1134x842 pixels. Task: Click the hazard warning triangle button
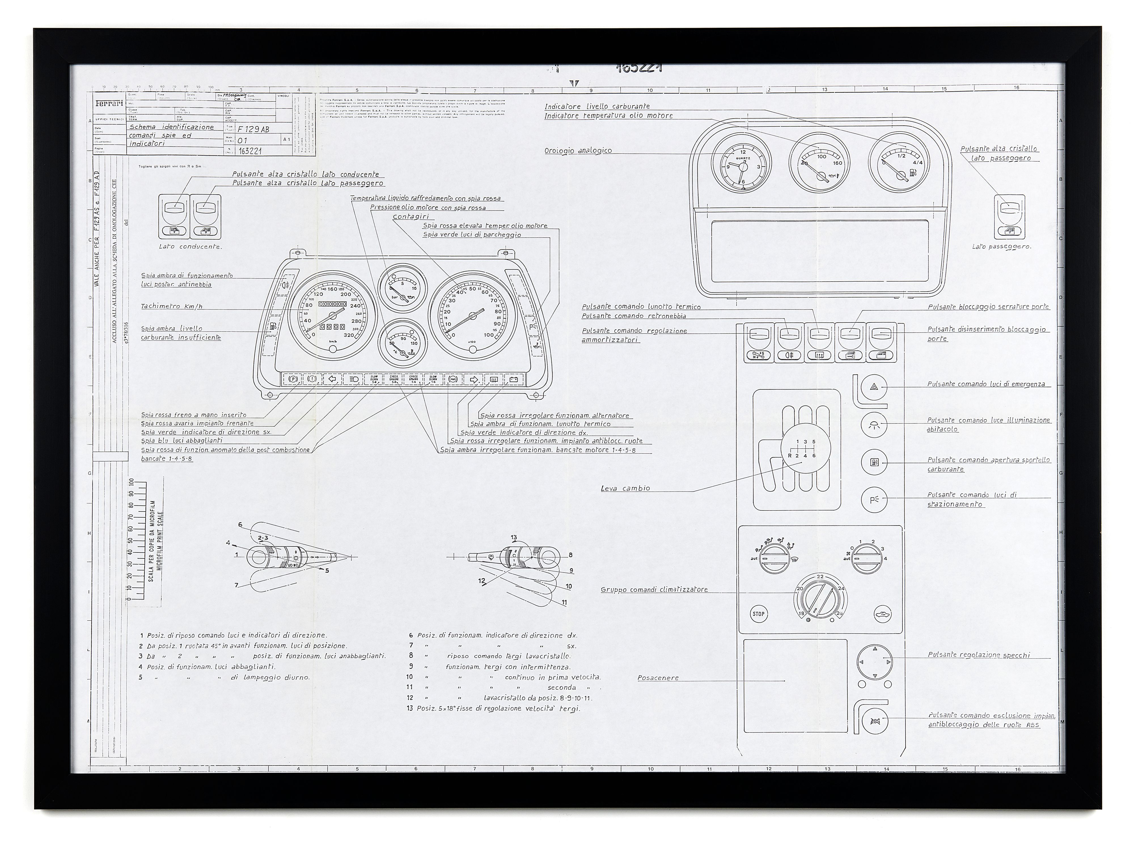(874, 387)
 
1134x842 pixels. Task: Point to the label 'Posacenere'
(658, 678)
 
